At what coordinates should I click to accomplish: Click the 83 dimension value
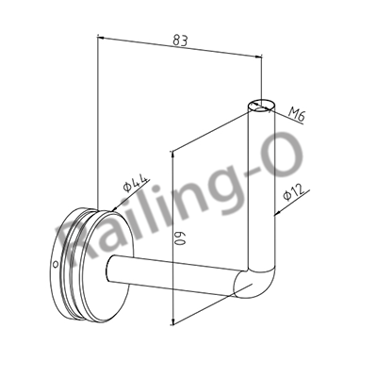pos(180,41)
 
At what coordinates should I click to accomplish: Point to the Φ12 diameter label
pos(294,192)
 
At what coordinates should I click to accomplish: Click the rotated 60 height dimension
pos(179,238)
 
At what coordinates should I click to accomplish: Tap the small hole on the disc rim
pos(55,263)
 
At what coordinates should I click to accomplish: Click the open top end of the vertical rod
pos(262,105)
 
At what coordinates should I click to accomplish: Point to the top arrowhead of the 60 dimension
pos(172,154)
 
